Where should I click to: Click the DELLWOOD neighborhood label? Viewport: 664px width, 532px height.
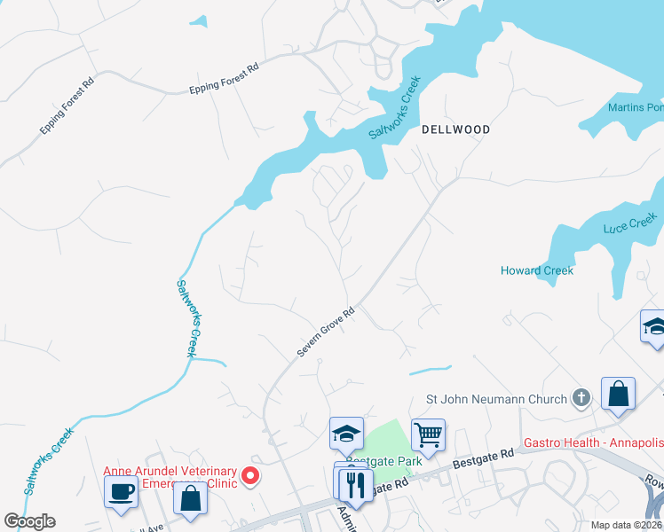point(455,129)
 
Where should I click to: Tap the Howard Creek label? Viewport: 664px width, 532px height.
point(537,270)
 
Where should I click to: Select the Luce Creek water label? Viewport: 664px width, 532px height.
point(630,223)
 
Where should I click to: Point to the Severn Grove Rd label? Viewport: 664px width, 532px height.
point(326,332)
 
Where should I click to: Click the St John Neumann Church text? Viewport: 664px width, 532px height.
point(496,399)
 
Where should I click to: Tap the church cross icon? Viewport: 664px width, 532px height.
point(581,398)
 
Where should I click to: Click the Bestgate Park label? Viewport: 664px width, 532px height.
point(370,461)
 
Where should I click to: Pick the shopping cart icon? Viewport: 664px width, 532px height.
point(428,434)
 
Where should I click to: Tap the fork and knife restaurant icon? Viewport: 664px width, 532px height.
point(352,482)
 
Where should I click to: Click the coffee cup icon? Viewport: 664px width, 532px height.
point(121,490)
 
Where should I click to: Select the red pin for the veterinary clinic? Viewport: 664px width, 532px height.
point(250,477)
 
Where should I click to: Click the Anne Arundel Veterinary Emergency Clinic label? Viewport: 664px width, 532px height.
point(170,477)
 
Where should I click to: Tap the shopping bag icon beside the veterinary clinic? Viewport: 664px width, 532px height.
point(192,497)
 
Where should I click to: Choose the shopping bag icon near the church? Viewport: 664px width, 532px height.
point(617,394)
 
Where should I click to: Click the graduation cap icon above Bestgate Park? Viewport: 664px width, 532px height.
point(346,433)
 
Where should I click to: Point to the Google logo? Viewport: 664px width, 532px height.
point(29,521)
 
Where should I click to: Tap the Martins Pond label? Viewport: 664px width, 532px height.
point(636,108)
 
